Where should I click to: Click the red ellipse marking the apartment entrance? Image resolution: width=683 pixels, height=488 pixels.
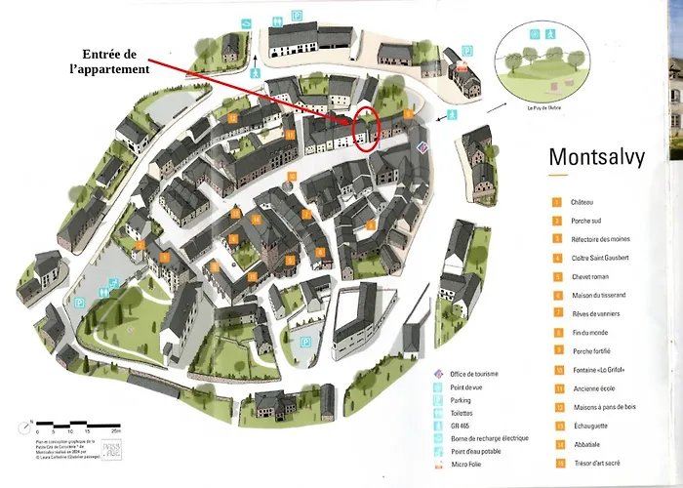click(x=365, y=129)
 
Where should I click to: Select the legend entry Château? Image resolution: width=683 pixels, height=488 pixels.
click(x=585, y=202)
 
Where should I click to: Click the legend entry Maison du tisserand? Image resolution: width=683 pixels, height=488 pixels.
click(x=599, y=295)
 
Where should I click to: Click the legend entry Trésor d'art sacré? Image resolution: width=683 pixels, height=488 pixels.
click(x=598, y=463)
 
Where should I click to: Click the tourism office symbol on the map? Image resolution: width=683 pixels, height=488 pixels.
click(x=422, y=146)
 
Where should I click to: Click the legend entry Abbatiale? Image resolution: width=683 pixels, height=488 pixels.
click(x=587, y=444)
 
